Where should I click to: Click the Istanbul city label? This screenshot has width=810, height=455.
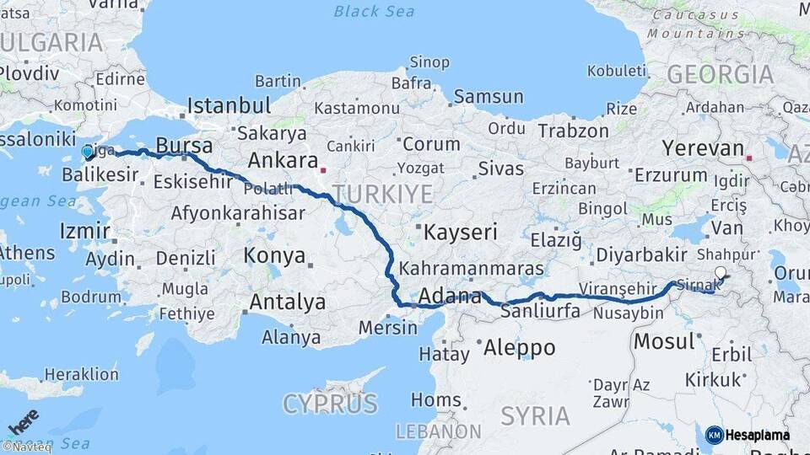coord(229,106)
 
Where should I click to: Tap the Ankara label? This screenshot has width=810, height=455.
coord(282,161)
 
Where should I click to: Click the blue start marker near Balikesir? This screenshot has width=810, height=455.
coord(88,153)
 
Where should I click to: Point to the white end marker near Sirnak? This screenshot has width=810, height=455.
coord(720,272)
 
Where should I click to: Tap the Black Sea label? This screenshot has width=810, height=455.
coord(374,11)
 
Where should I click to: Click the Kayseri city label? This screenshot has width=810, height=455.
coord(461,232)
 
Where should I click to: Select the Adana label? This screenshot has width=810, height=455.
coord(450,297)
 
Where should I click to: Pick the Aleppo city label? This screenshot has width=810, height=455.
coord(518,347)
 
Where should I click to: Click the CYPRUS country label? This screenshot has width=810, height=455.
coord(329,404)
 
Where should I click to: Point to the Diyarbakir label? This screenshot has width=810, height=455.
coord(643,254)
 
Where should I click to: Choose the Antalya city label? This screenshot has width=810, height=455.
coord(287,302)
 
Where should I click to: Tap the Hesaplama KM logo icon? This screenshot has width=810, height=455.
coord(715,435)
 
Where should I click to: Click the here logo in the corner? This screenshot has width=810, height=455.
coord(23,421)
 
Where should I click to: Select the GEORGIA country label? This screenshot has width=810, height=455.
coord(720,74)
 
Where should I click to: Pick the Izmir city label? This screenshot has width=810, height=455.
coord(84,231)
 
